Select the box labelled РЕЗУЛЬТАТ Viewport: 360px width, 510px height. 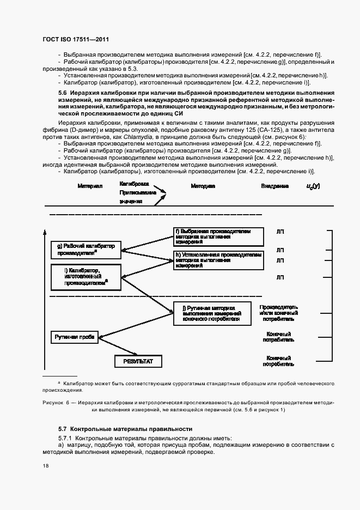(x=138, y=361)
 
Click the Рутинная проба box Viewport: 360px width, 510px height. (x=75, y=337)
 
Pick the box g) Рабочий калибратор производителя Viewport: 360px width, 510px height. (x=86, y=250)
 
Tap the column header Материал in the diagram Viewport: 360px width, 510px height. (x=90, y=186)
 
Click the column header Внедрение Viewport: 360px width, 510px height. (x=274, y=186)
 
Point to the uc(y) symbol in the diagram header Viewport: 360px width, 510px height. (x=313, y=186)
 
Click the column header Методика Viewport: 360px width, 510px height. (x=203, y=186)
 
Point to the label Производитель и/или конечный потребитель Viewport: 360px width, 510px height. (x=278, y=313)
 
